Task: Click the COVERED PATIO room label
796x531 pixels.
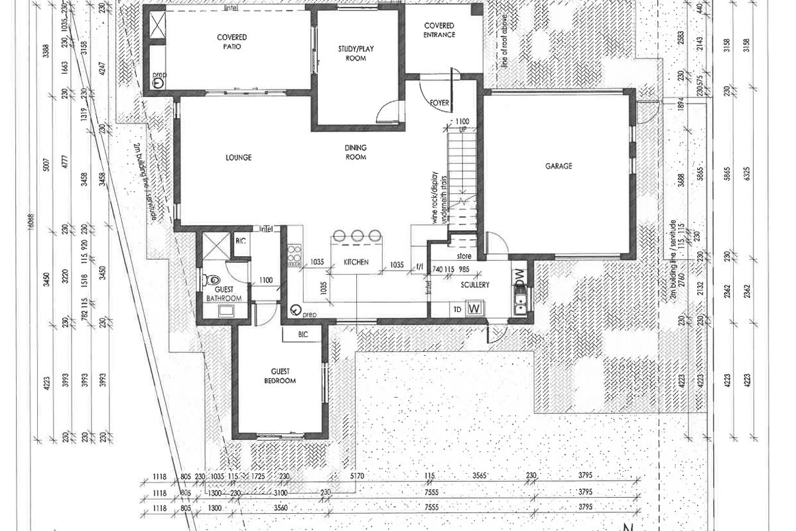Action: click(232, 42)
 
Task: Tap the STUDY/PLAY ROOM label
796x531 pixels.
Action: click(356, 53)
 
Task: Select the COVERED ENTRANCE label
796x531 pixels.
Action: click(439, 30)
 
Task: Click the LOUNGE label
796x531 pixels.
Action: click(237, 157)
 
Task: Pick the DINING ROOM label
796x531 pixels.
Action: click(356, 152)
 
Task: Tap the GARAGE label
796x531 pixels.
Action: click(559, 166)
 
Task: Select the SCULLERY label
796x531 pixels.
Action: click(475, 285)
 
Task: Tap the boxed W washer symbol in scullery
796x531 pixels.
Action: click(474, 308)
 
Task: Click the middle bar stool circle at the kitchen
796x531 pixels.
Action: click(358, 236)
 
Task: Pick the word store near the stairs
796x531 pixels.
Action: click(464, 254)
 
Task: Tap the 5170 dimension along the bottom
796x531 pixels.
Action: click(357, 476)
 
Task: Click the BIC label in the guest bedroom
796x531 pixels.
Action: click(304, 335)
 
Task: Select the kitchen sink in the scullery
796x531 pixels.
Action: click(521, 303)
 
